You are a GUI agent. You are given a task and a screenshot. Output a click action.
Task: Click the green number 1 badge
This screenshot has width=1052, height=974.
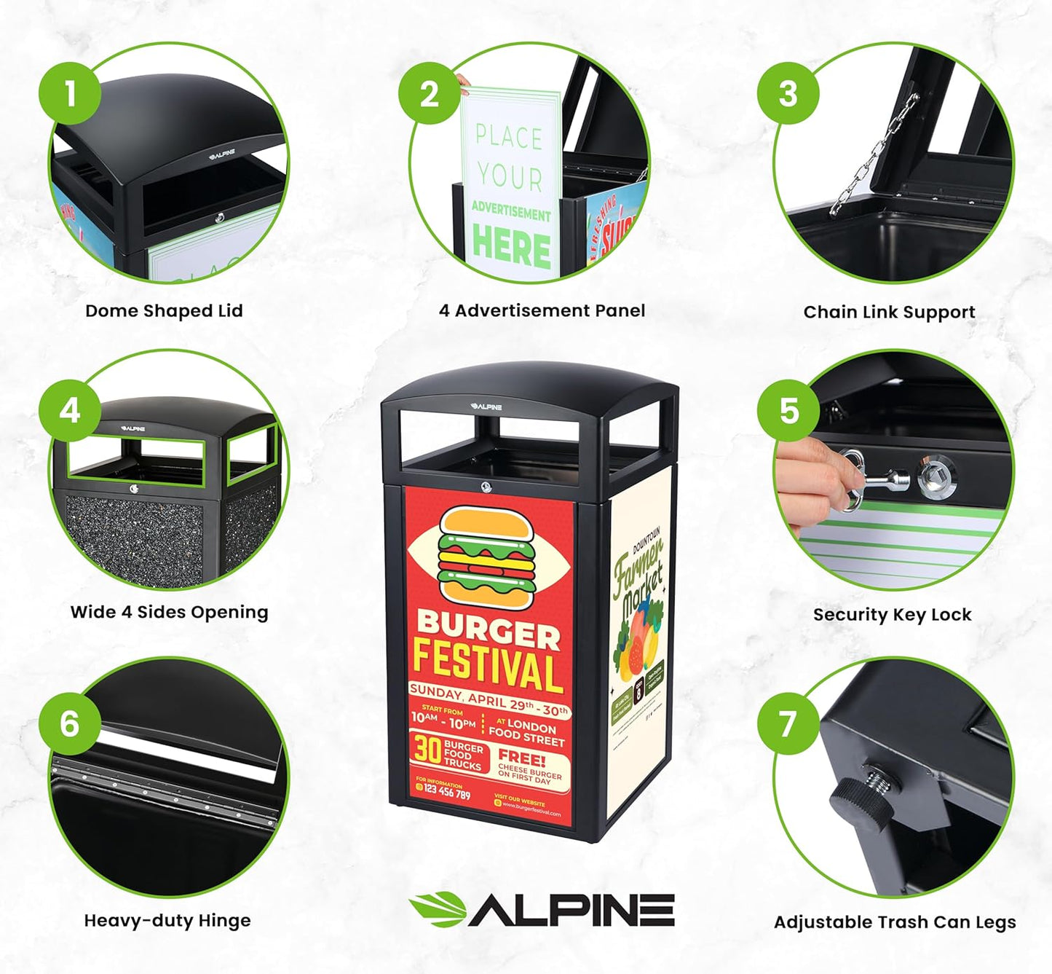[70, 93]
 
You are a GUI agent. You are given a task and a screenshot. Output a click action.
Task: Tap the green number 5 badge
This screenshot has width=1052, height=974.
[789, 410]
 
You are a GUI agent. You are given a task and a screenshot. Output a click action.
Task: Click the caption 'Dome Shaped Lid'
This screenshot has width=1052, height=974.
[164, 311]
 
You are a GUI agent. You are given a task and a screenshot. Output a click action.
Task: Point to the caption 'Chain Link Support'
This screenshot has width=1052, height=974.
[889, 313]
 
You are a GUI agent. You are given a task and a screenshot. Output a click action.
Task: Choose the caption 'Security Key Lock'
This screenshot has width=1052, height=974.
[892, 615]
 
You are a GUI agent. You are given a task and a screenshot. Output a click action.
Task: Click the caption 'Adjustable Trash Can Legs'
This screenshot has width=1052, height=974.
[895, 922]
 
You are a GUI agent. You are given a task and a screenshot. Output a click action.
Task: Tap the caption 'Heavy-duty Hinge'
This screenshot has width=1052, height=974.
[167, 921]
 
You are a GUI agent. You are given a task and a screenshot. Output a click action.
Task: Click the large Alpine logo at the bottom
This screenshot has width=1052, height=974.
[542, 910]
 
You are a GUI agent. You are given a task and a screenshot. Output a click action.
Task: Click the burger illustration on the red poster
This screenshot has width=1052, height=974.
[487, 555]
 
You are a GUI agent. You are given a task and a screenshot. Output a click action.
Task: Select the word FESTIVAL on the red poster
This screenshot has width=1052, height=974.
[488, 665]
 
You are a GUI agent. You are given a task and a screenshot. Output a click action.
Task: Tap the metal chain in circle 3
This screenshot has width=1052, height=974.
[873, 157]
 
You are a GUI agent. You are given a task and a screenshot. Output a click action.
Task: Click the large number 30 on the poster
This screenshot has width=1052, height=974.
[427, 749]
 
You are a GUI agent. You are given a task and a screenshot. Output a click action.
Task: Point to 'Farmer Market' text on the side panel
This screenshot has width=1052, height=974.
[638, 576]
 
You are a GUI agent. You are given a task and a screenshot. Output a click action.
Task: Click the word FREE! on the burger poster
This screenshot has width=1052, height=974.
[521, 758]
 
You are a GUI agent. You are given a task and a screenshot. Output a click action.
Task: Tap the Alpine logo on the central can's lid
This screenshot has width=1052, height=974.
[486, 407]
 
